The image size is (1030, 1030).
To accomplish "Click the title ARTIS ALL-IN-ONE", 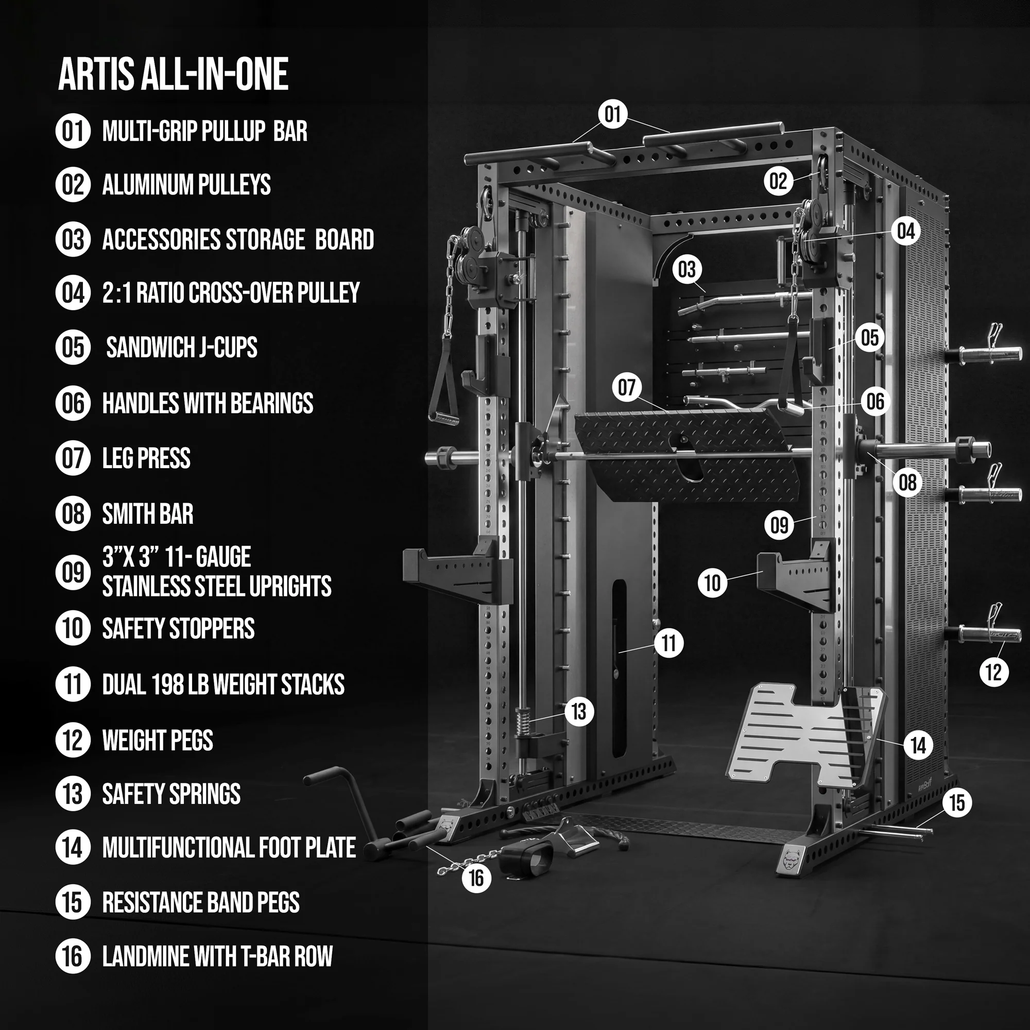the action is (x=173, y=74).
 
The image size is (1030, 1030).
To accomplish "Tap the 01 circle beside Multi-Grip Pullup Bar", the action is (x=73, y=131).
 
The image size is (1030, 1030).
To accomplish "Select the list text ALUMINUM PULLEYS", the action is (x=186, y=184).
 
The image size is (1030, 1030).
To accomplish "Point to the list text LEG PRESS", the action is (x=146, y=458).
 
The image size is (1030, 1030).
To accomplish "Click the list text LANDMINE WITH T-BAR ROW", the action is (x=217, y=956).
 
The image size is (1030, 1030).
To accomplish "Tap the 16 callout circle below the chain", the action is (x=476, y=878).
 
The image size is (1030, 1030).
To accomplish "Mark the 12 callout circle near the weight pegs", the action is (x=994, y=672).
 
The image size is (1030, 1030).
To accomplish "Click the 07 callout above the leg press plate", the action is (x=626, y=388).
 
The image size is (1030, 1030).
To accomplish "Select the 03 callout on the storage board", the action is (x=686, y=270).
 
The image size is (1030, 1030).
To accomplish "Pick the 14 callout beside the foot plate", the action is (x=918, y=745).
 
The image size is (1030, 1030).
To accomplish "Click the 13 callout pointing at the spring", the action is (x=579, y=711).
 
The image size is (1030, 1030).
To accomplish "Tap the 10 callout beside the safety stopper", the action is (x=712, y=582).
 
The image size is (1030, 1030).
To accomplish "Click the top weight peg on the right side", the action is (x=984, y=353).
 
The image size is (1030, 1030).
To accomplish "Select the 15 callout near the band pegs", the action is (x=957, y=802).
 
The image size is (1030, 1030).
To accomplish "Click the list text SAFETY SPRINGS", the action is (x=171, y=794).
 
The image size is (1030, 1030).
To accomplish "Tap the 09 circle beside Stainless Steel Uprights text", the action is (x=73, y=572).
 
